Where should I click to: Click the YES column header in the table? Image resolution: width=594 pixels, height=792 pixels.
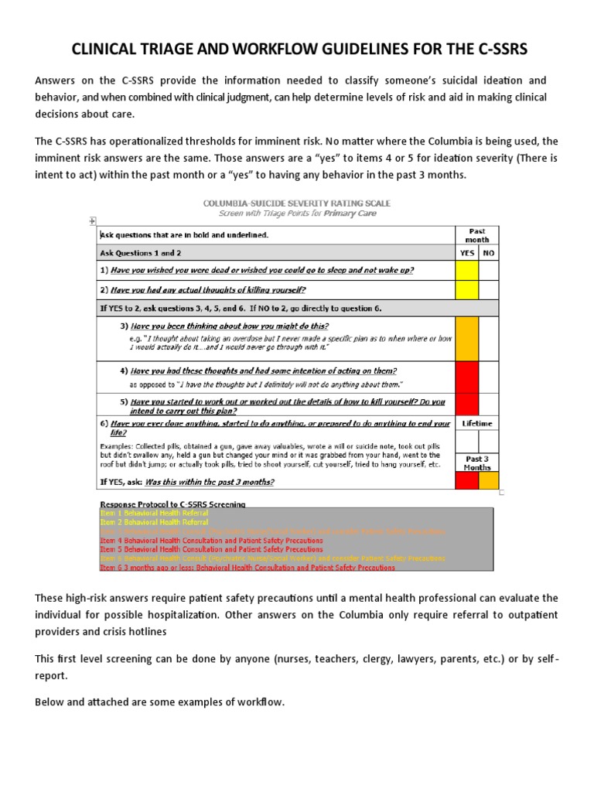467,252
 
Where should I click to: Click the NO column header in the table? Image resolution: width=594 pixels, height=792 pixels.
488,252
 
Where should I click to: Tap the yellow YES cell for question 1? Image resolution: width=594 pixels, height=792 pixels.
467,270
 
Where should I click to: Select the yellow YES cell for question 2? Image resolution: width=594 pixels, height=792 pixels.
467,290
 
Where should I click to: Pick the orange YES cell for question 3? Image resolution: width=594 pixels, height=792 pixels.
467,338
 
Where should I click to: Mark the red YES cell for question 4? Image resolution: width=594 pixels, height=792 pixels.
467,377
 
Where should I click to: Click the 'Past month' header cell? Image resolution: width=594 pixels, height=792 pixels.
477,235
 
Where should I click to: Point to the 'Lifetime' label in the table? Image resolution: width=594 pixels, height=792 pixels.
477,424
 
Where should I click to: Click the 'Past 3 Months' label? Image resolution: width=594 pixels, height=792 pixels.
477,463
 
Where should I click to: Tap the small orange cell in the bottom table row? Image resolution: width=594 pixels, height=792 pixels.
488,480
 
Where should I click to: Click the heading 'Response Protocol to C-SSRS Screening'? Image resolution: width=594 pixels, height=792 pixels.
173,504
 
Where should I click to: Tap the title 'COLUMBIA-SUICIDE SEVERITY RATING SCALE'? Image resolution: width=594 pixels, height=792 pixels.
296,203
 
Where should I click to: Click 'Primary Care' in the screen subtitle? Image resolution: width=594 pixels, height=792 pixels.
350,213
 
